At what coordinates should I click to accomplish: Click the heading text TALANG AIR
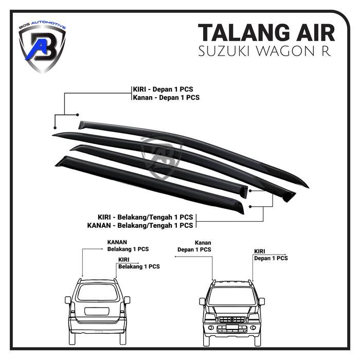click(x=266, y=32)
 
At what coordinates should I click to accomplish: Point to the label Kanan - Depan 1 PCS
click(x=166, y=97)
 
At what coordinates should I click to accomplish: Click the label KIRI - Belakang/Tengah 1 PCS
click(x=146, y=217)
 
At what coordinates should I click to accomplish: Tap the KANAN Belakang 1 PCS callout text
click(x=128, y=245)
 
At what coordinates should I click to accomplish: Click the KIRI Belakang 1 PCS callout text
click(x=138, y=263)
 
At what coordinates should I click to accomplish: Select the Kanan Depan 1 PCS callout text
click(x=194, y=246)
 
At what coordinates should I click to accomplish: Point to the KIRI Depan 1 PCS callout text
click(x=271, y=255)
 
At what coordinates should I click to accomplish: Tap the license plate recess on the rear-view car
click(x=97, y=311)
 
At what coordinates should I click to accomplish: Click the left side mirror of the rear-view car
click(x=68, y=300)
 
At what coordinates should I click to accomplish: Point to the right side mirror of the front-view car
click(x=261, y=301)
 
